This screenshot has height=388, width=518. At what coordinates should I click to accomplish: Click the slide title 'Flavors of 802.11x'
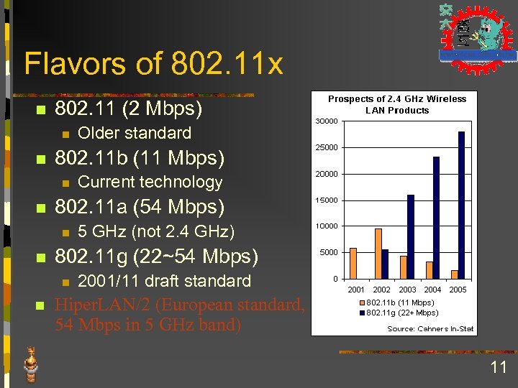pyautogui.click(x=153, y=64)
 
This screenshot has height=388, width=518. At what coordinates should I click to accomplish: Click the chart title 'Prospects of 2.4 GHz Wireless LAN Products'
pyautogui.click(x=397, y=104)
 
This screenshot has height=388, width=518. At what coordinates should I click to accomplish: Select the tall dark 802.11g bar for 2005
pyautogui.click(x=461, y=205)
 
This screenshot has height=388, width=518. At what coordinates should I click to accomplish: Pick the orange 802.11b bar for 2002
pyautogui.click(x=378, y=254)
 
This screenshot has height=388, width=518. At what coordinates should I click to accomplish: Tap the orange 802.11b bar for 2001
pyautogui.click(x=353, y=263)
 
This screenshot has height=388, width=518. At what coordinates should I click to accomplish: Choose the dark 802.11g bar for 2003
pyautogui.click(x=411, y=236)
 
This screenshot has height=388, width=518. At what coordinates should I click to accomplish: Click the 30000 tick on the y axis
pyautogui.click(x=327, y=121)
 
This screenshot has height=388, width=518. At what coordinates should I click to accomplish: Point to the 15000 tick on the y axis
pyautogui.click(x=327, y=200)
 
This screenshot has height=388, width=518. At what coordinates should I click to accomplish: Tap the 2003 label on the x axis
pyautogui.click(x=407, y=290)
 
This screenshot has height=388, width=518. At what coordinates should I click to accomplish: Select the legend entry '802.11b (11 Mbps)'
pyautogui.click(x=401, y=302)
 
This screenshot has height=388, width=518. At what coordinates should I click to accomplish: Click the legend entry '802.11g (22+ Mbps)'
pyautogui.click(x=401, y=313)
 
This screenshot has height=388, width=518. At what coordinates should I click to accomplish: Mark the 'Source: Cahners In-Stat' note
pyautogui.click(x=430, y=328)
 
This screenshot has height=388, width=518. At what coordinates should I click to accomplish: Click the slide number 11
pyautogui.click(x=499, y=368)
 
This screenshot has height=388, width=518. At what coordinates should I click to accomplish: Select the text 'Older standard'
pyautogui.click(x=135, y=133)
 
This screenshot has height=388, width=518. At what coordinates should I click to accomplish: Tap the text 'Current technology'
pyautogui.click(x=150, y=182)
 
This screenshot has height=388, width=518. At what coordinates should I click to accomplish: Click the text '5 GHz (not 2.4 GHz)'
pyautogui.click(x=156, y=231)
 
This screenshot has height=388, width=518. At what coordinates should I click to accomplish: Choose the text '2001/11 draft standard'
pyautogui.click(x=164, y=281)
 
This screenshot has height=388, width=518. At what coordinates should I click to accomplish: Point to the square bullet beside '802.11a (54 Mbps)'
pyautogui.click(x=41, y=208)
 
